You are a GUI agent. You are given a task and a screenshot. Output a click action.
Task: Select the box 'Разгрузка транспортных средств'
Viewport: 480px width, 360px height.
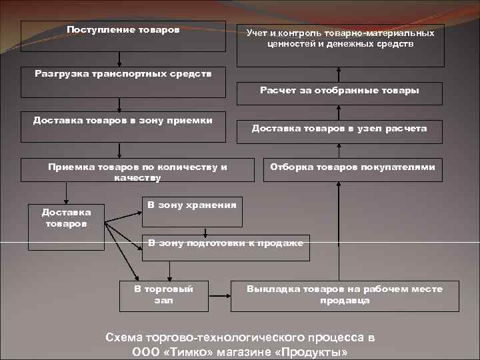[x=123, y=74]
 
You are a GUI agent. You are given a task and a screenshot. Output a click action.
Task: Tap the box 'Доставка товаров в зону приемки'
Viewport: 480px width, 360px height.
[x=123, y=127]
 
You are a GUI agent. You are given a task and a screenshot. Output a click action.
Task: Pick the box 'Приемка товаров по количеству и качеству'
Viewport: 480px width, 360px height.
[x=137, y=170]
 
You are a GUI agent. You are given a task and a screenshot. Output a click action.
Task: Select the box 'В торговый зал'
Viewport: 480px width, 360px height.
[x=164, y=295]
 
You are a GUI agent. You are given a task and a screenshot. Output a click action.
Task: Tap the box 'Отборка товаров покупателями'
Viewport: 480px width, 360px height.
[x=353, y=171]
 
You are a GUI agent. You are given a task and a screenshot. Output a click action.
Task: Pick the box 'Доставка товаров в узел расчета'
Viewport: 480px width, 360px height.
[x=339, y=129]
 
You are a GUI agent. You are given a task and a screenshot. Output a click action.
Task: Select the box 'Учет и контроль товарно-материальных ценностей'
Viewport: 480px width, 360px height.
[x=340, y=44]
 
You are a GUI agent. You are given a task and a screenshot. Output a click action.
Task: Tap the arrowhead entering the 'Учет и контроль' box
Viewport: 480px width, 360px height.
[x=339, y=70]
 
